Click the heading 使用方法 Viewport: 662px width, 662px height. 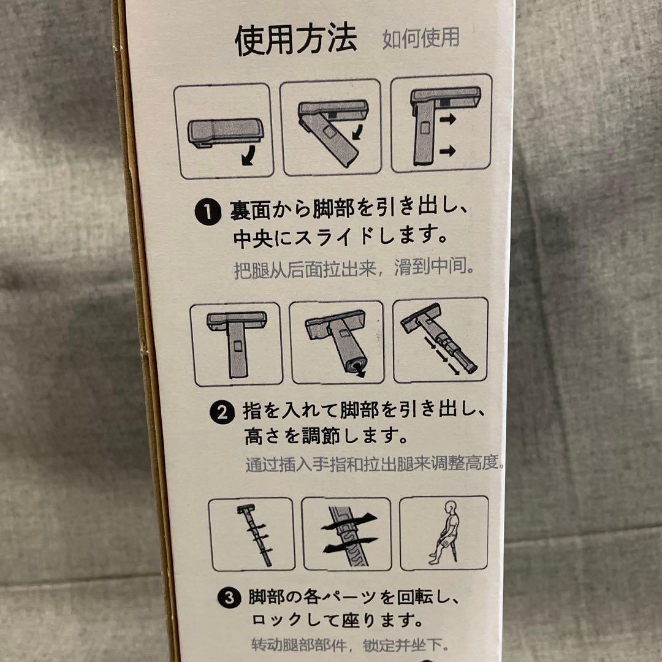click(x=295, y=40)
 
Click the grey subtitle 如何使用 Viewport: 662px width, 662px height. click(x=420, y=38)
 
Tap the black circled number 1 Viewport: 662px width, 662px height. click(x=210, y=213)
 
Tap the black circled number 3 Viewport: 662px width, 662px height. click(x=229, y=598)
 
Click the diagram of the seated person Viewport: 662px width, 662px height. click(x=444, y=533)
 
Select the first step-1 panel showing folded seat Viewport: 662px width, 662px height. click(x=223, y=131)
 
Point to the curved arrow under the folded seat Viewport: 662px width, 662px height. click(x=249, y=158)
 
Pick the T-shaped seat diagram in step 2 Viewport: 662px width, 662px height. click(x=236, y=343)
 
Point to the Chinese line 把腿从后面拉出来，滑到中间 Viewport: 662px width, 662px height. click(x=354, y=270)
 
